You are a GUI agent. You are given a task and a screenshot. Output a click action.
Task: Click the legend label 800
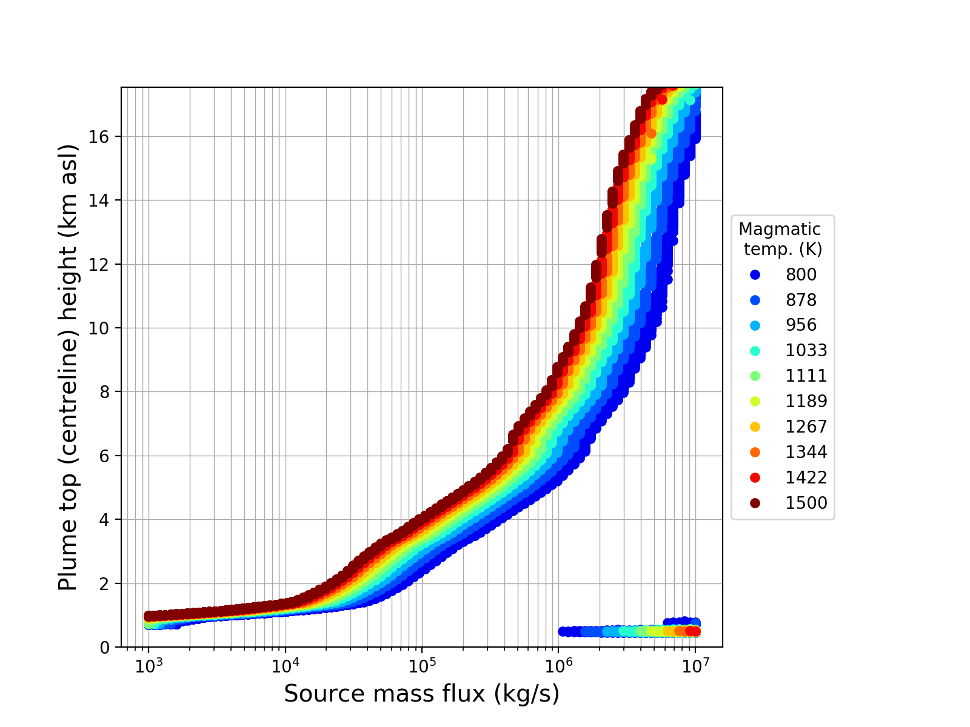tap(801, 274)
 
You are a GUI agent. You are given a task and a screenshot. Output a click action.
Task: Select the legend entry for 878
tap(801, 300)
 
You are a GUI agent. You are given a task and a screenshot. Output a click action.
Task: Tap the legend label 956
tap(801, 325)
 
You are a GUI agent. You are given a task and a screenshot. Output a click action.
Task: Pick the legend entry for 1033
tap(806, 351)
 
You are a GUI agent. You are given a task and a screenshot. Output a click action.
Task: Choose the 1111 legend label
tap(806, 376)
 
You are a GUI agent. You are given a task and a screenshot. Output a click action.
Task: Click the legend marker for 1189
tap(755, 402)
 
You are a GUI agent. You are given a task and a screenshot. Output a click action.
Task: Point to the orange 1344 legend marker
tap(755, 453)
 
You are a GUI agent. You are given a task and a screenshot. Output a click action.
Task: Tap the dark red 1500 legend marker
tap(755, 503)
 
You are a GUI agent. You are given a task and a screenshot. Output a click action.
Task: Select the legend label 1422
tap(806, 478)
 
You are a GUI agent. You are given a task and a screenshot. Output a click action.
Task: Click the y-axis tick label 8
tap(107, 392)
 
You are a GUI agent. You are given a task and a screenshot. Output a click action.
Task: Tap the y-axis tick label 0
tap(107, 648)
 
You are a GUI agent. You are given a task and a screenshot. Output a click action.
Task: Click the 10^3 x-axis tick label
tap(149, 666)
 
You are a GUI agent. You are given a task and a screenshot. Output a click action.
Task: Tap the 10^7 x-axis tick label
tap(695, 666)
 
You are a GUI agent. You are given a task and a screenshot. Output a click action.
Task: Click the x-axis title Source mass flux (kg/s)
tap(421, 694)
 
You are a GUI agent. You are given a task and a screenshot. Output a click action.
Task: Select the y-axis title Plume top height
tap(69, 367)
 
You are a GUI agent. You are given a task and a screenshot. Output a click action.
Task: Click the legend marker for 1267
tap(755, 427)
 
